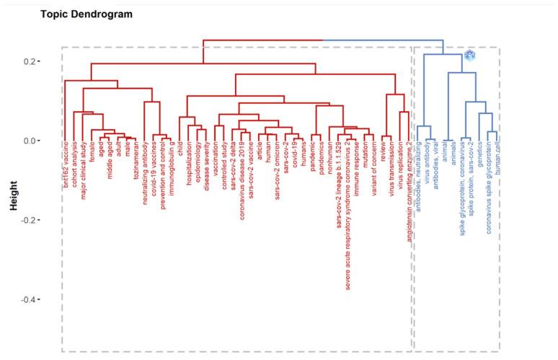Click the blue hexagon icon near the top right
click(470, 56)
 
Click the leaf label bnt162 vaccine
click(66, 168)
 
